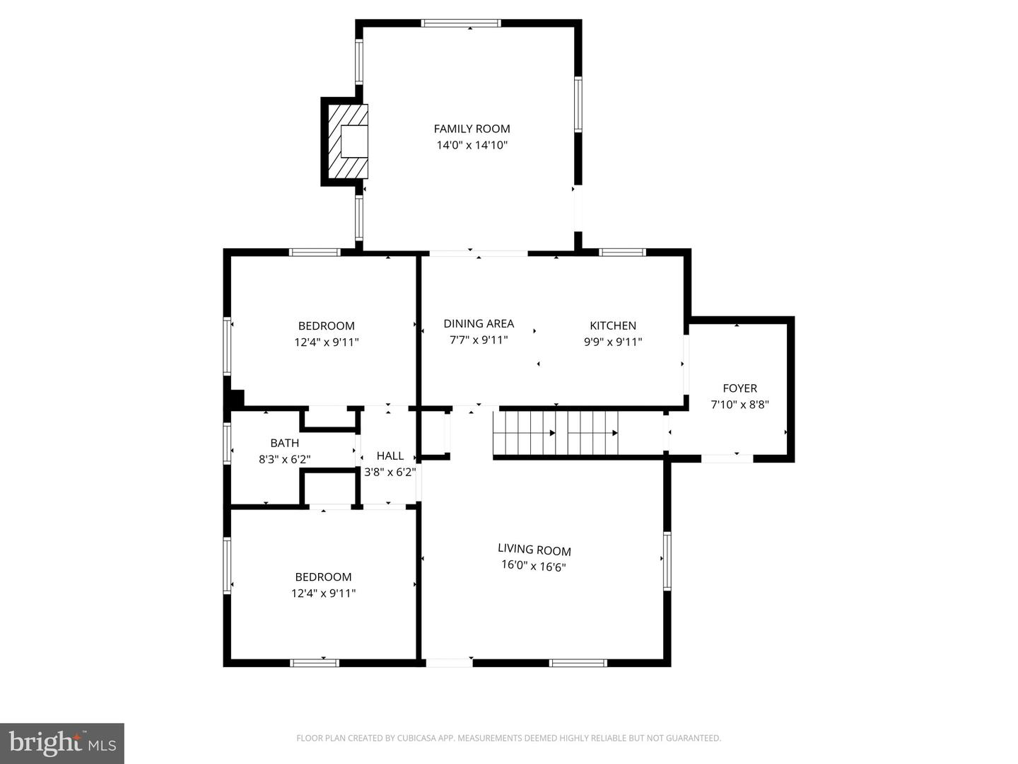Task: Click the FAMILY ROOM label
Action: tap(472, 129)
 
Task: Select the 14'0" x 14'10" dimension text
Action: tap(472, 145)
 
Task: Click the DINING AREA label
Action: tap(479, 323)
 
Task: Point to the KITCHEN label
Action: tap(613, 325)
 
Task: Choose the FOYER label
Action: tap(739, 388)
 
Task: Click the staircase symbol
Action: tap(556, 433)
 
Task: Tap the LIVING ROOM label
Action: tap(534, 550)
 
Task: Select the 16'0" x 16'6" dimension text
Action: tap(534, 566)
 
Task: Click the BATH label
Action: tap(284, 443)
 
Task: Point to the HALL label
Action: tap(390, 456)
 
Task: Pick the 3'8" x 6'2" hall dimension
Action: tap(390, 472)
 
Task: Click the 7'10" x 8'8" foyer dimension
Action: tap(739, 405)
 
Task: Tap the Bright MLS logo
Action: tap(62, 743)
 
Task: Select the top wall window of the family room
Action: tap(461, 23)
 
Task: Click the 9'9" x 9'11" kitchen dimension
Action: tap(613, 342)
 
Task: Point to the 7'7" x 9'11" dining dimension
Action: tap(479, 340)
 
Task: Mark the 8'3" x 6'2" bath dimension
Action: tap(284, 459)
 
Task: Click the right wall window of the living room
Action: tap(667, 560)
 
